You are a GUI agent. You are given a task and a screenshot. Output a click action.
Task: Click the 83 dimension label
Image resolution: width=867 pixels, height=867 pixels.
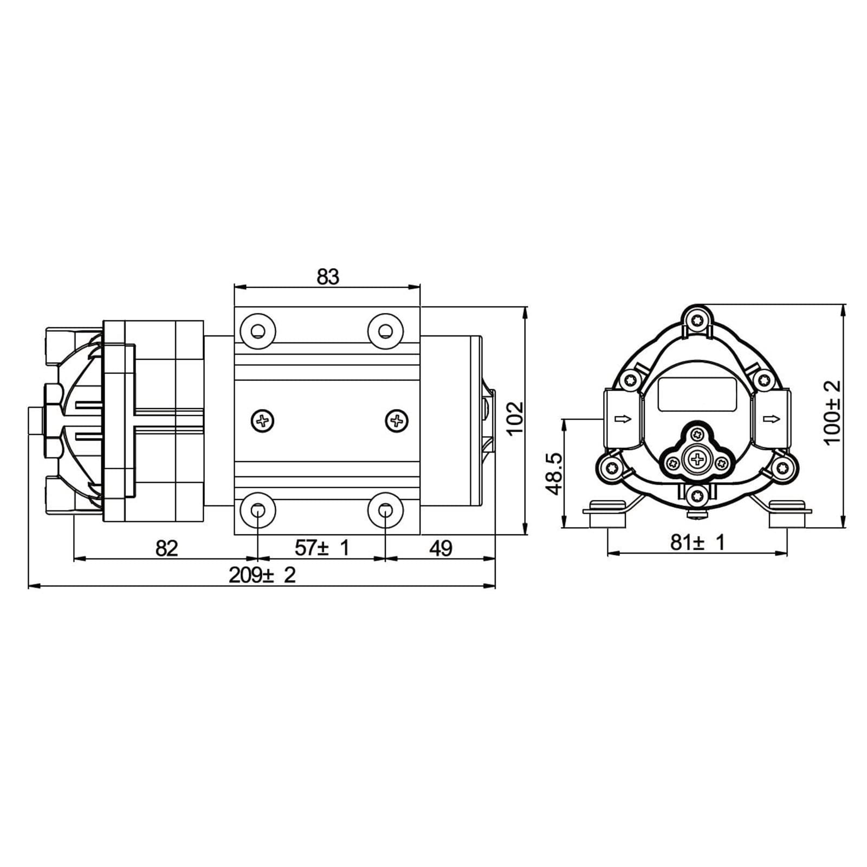click(328, 276)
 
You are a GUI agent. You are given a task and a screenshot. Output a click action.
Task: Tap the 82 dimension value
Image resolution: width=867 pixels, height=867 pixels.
click(166, 548)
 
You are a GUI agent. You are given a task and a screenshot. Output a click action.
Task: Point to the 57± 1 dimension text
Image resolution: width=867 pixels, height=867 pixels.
click(322, 548)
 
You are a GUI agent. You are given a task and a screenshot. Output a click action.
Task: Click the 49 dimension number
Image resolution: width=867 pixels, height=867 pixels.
click(441, 548)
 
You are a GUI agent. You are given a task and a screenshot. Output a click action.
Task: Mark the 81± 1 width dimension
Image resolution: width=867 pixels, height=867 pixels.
click(697, 542)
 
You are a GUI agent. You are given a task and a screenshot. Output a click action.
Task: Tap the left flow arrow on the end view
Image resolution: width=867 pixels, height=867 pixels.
click(623, 419)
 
